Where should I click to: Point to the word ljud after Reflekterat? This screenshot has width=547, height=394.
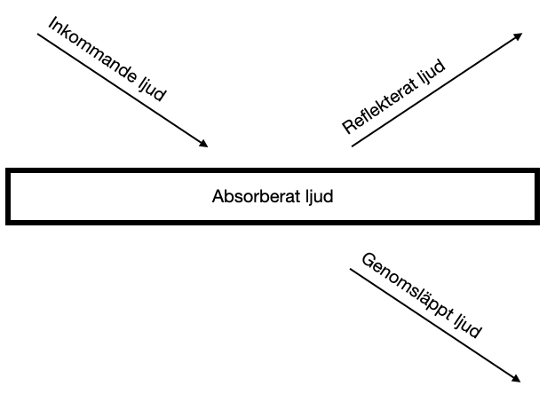point(432,69)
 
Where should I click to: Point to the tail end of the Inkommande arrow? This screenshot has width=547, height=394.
point(38,34)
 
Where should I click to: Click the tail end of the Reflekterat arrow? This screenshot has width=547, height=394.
point(353,146)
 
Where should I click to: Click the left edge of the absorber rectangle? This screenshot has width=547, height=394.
point(8,195)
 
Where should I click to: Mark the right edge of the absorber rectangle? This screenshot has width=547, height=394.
point(537,195)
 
